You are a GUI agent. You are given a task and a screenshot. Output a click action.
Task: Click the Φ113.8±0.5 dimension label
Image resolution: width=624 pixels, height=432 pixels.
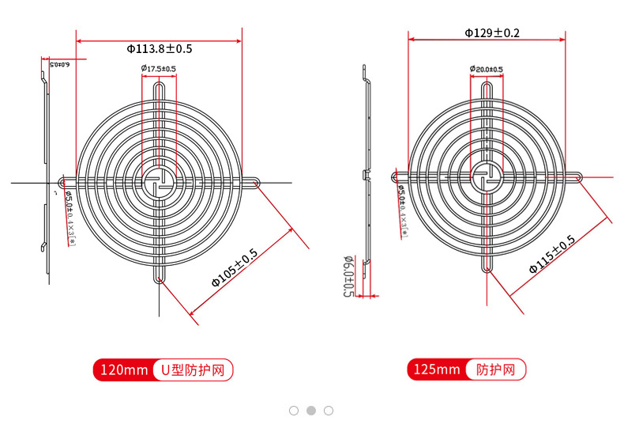tap(159, 49)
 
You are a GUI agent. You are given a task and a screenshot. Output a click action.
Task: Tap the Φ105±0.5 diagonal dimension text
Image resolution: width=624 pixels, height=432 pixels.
tap(235, 268)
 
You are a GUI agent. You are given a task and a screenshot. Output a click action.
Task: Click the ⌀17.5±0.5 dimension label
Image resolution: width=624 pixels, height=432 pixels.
tap(159, 70)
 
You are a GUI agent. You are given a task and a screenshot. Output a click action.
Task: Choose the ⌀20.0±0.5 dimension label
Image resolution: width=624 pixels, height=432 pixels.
tap(486, 70)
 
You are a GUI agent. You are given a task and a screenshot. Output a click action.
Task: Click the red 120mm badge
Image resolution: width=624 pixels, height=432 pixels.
tap(123, 369)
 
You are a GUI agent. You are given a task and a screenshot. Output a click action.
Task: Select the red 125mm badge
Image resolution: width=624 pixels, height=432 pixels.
tap(437, 369)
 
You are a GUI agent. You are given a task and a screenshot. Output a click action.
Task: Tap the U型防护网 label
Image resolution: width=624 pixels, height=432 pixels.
tap(193, 369)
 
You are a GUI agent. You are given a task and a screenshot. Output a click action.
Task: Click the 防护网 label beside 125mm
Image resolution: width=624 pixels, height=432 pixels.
tap(496, 369)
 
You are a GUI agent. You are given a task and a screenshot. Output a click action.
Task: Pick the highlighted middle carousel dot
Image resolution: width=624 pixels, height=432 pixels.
tap(311, 411)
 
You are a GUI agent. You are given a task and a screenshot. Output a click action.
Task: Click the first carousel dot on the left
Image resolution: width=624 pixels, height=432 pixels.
tap(294, 411)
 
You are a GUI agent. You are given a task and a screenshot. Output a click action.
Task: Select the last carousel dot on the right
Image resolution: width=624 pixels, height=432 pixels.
tap(329, 411)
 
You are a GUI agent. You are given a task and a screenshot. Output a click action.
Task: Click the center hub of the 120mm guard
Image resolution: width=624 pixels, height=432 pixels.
tap(159, 183)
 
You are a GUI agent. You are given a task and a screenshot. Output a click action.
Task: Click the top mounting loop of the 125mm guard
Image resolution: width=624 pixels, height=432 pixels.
tap(487, 85)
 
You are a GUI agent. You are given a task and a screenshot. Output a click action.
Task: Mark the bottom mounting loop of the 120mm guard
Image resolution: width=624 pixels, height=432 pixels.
tap(159, 277)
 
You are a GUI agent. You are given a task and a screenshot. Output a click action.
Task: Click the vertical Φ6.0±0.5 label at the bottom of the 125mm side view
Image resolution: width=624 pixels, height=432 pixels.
tap(347, 276)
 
